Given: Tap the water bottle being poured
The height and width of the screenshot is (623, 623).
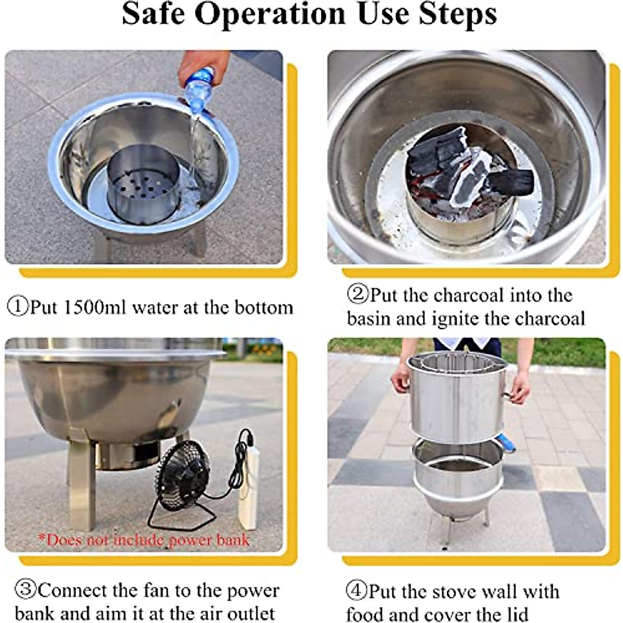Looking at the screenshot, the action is pyautogui.click(x=199, y=88).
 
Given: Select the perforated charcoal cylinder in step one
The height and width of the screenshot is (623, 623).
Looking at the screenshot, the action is pyautogui.click(x=143, y=185).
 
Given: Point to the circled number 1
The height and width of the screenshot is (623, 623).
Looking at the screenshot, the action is pyautogui.click(x=18, y=307).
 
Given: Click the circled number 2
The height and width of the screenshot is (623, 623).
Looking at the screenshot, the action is pyautogui.click(x=358, y=293).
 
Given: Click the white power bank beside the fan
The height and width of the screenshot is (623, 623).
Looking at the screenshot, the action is pyautogui.click(x=249, y=490).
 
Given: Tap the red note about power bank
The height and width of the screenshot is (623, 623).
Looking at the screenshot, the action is pyautogui.click(x=144, y=540).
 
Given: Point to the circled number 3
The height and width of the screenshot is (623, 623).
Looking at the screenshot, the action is pyautogui.click(x=26, y=590).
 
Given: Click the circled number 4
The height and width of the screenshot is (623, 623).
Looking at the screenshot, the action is pyautogui.click(x=357, y=590).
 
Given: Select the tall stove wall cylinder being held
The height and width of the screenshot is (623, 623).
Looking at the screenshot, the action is pyautogui.click(x=456, y=398).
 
